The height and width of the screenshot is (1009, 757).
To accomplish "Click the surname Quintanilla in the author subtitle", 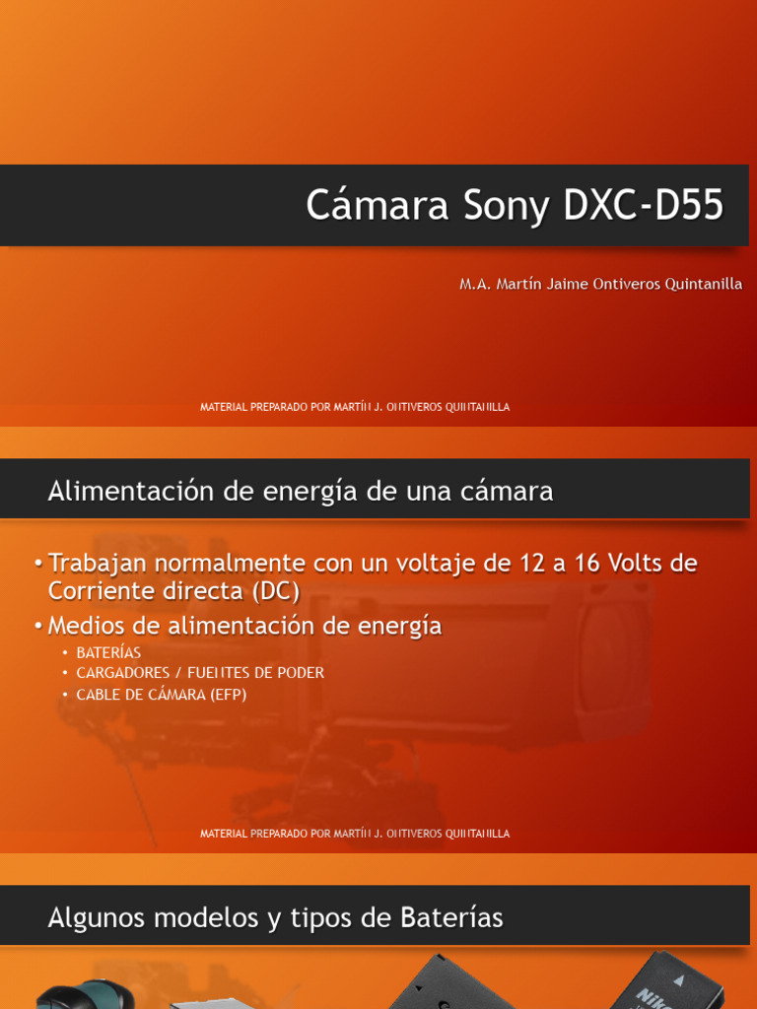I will point(696,284).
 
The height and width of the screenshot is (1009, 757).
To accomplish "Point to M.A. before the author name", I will point(476,284).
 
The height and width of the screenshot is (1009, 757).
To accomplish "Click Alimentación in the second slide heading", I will point(131,491).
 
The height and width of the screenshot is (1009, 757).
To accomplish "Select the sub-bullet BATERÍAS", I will point(108,653).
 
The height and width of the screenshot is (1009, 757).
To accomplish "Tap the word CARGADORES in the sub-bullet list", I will point(124,673).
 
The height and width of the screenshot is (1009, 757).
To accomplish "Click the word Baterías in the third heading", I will point(451,918).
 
